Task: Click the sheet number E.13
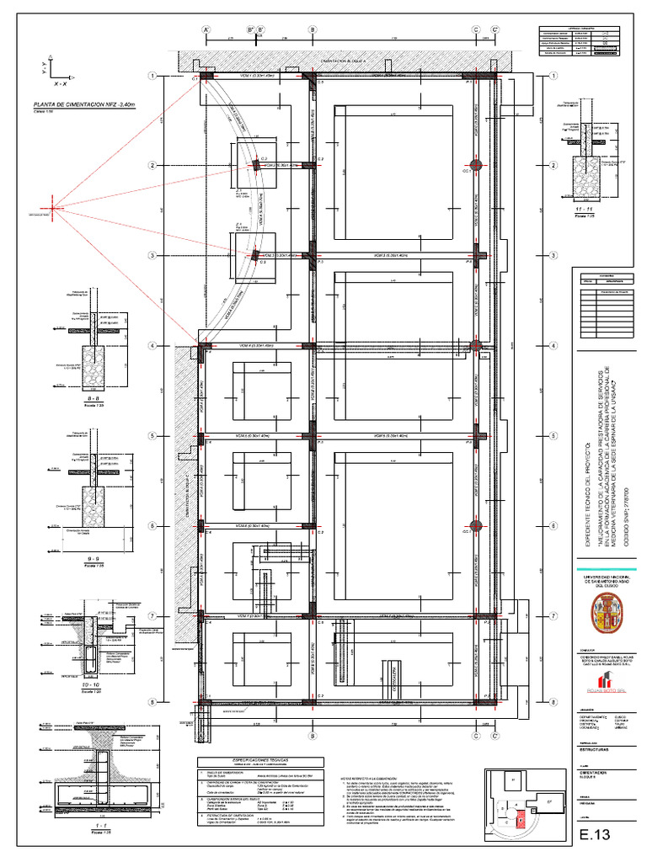point(593,835)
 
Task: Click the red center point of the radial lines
point(52,207)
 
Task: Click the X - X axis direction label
point(61,85)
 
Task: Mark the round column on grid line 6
point(475,525)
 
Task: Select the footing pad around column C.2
point(254,164)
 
